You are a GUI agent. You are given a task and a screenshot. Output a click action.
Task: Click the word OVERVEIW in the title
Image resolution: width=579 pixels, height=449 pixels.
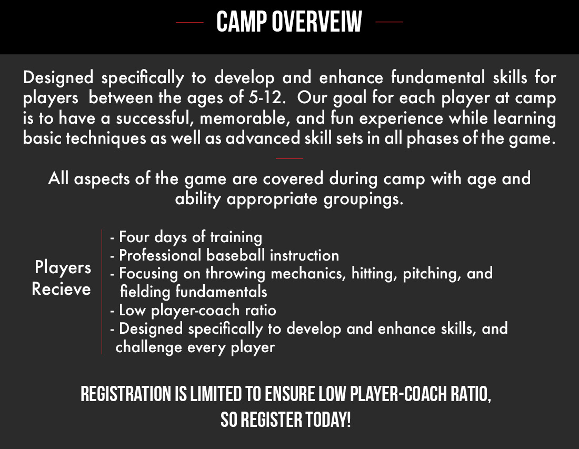click(317, 22)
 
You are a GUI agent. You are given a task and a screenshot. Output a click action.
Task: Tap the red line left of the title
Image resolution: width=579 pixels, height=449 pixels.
click(189, 23)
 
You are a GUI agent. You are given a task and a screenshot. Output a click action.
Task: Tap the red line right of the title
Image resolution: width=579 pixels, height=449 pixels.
click(390, 23)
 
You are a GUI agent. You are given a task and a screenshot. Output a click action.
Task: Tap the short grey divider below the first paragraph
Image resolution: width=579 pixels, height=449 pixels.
click(289, 158)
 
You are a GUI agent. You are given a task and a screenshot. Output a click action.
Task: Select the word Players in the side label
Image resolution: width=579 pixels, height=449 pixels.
click(63, 267)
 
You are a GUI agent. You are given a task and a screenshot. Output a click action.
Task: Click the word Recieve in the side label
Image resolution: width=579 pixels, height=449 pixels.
click(61, 289)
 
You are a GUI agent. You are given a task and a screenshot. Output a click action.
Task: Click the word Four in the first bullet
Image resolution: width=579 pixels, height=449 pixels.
click(133, 237)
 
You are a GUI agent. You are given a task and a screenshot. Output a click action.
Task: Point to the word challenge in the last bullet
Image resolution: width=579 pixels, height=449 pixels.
click(142, 347)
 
